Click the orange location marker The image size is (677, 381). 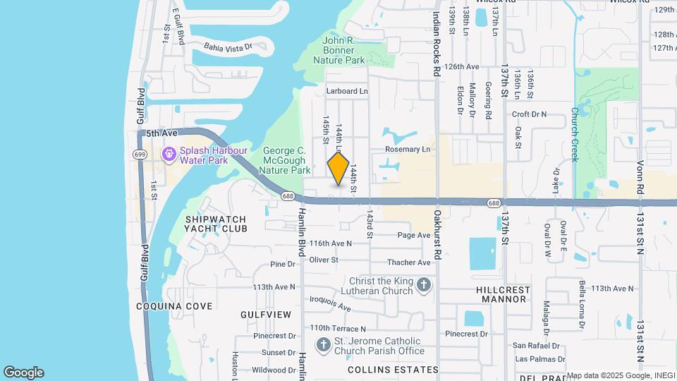pos(338,169)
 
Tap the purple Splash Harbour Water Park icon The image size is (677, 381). pos(169,154)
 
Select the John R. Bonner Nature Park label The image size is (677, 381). pos(343,51)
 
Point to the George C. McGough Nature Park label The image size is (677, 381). pos(286,160)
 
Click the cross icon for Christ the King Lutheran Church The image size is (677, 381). pos(423,285)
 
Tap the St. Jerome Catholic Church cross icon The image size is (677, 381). pos(323,345)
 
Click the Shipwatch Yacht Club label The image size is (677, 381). pos(216,224)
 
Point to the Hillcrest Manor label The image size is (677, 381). pos(504,294)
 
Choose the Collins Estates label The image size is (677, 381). pos(393,370)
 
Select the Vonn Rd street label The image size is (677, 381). pos(640,169)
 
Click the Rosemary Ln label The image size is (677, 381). pos(407,150)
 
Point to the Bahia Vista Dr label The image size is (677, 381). pos(228,47)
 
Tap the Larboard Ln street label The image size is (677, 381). pos(347,91)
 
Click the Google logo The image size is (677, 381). pos(23,373)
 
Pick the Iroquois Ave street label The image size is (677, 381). pos(331,303)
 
